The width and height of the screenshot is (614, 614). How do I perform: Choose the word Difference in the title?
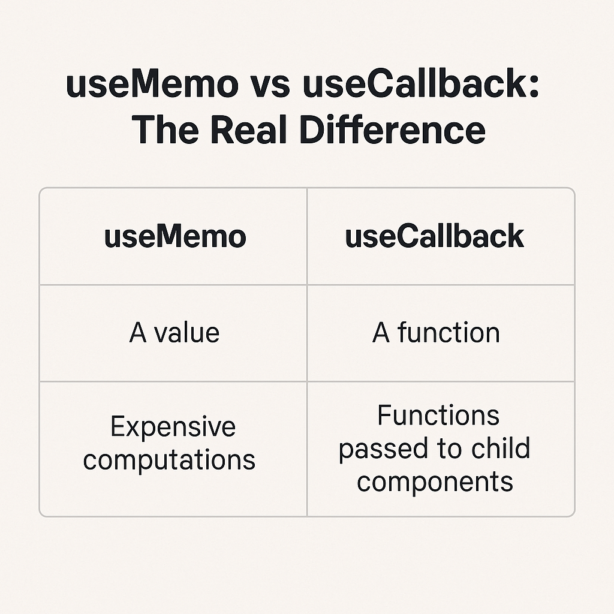coord(392,129)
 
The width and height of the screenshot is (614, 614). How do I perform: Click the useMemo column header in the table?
coord(175,236)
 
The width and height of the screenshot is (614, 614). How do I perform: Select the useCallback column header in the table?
coord(435,236)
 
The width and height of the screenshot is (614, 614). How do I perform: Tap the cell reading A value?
coord(174,333)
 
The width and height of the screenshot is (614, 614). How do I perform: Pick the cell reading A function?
coord(436,333)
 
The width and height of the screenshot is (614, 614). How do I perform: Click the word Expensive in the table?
coord(173,427)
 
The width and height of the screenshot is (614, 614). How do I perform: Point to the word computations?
coord(170,460)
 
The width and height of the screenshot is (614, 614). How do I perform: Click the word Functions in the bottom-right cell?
coord(438,416)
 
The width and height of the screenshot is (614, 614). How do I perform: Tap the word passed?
coord(378,449)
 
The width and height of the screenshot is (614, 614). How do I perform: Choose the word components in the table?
coord(435,481)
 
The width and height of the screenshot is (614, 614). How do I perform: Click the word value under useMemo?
coord(187,333)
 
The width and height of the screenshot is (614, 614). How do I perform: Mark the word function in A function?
coord(449,333)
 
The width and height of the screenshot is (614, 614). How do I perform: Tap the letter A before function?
coord(381,333)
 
